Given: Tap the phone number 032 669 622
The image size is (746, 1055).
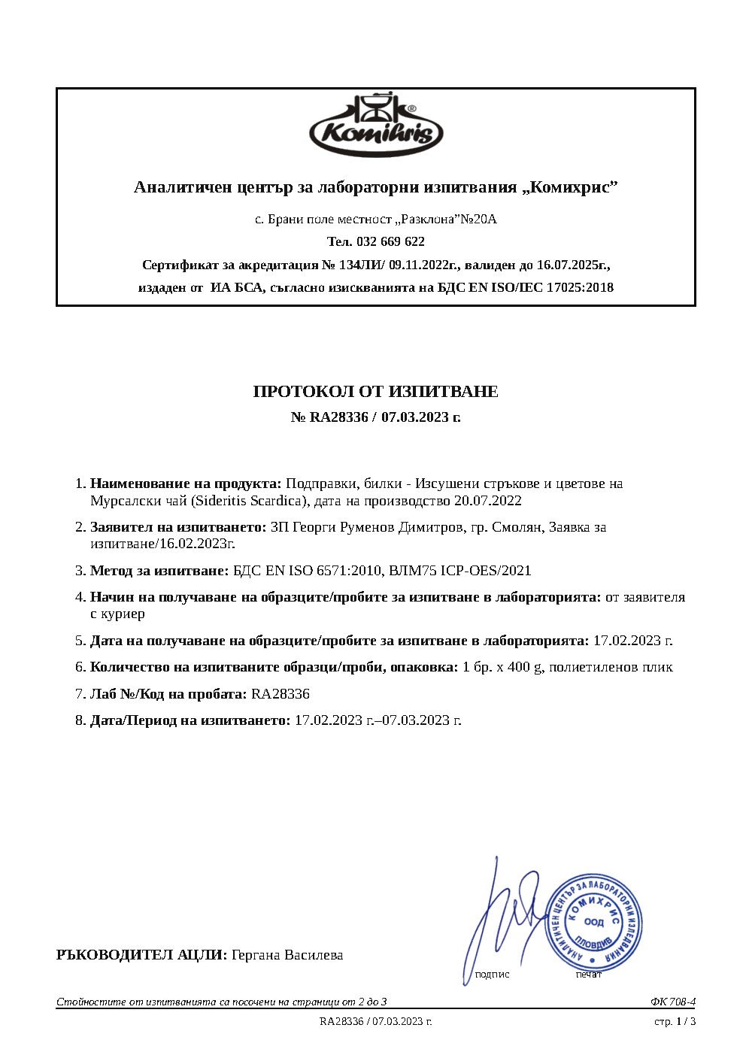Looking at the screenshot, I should point(391,241).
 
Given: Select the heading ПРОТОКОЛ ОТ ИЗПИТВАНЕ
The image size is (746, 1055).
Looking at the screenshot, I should point(375,391).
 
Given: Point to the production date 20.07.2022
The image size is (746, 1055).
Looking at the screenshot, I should point(487,501).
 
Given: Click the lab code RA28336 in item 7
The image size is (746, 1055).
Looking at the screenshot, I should point(281,694).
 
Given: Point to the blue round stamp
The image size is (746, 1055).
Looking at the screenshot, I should point(593,923).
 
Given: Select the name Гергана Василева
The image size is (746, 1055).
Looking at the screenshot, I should point(287,955).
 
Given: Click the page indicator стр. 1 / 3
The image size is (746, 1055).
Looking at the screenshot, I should point(675,1021).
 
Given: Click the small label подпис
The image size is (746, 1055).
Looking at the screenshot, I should point(492,975).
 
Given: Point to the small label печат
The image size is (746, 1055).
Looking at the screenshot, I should point(589,975).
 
